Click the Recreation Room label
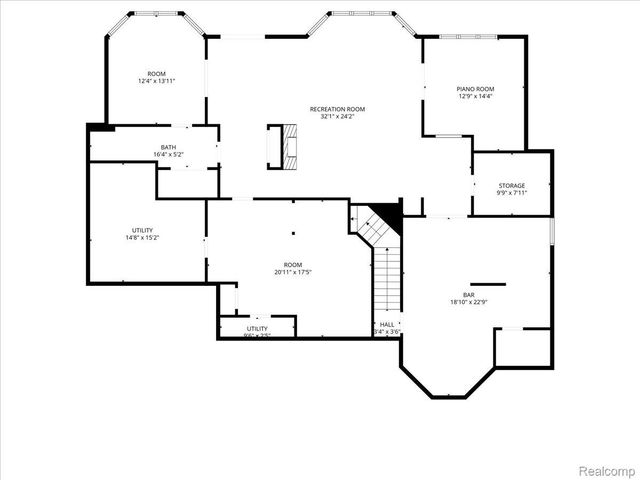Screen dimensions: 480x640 (x=337, y=108)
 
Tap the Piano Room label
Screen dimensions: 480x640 (x=476, y=89)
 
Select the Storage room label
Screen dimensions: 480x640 (x=512, y=186)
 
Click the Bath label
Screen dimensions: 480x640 (x=168, y=147)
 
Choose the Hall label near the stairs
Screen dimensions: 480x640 (x=387, y=325)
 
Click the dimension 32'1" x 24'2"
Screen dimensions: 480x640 (x=337, y=116)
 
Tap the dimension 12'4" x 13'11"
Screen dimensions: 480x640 (x=157, y=81)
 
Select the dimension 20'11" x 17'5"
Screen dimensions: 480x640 (x=294, y=272)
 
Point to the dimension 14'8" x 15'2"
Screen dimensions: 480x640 (x=142, y=238)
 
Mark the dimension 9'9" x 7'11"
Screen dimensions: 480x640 (x=512, y=193)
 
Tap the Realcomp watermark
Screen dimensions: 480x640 (x=607, y=468)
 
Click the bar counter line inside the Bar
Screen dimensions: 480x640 (x=488, y=284)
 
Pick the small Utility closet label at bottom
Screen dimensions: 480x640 (x=257, y=328)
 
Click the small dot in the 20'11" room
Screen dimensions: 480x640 (x=294, y=234)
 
